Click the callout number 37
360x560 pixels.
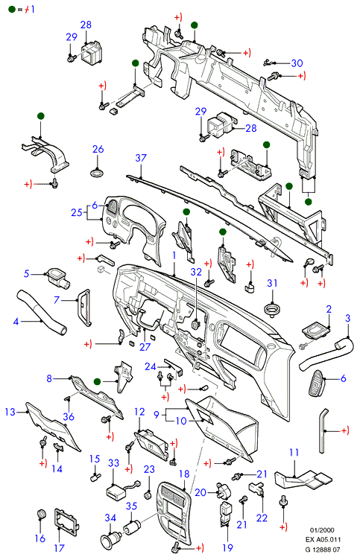pos(141,158)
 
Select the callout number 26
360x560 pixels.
pos(98,149)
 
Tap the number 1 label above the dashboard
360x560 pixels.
pos(174,255)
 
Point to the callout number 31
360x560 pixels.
pos(272,283)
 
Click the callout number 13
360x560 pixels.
pos(10,412)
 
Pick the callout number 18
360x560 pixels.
pos(184,474)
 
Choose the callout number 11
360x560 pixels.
pos(294,453)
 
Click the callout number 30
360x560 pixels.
pos(297,63)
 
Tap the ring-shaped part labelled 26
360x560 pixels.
pos(97,174)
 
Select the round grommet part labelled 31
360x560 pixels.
pos(272,308)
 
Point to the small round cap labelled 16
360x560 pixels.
pos(42,515)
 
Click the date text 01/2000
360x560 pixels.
pos(322,530)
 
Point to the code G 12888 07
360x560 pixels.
pos(323,550)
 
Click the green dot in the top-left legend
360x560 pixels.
pos(12,9)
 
